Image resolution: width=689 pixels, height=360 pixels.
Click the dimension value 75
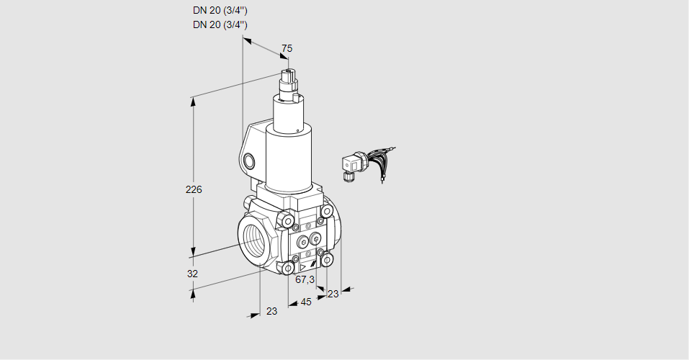pos(287,48)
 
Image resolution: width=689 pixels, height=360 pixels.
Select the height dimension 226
pos(194,190)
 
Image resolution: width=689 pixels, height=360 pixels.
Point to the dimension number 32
pos(192,274)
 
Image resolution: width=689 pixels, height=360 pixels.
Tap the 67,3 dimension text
pos(305,279)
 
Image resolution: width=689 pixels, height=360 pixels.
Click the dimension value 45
pos(306,302)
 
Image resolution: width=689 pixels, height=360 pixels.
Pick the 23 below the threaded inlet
pos(271,311)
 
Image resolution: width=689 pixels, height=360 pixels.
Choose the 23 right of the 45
pos(333,293)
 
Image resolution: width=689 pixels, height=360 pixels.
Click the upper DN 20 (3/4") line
pos(221,11)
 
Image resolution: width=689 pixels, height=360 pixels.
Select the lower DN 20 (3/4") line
pos(221,24)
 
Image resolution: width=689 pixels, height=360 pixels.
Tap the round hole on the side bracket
pos(250,160)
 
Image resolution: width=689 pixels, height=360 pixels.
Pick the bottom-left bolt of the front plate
pos(288,268)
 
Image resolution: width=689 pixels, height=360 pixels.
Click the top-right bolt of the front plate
pos(328,211)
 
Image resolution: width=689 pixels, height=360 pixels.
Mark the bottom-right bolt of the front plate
pos(328,258)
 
